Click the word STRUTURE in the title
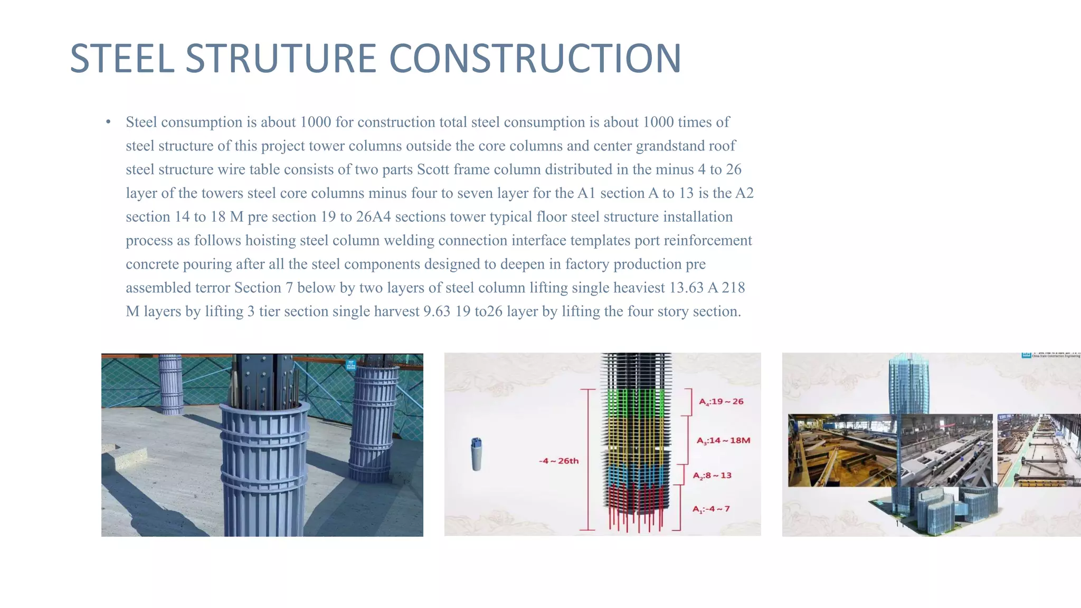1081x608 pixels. coord(281,59)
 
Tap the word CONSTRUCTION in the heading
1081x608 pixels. coord(535,59)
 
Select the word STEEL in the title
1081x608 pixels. coord(122,59)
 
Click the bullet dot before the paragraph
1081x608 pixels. coord(108,122)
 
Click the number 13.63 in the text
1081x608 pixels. coord(686,288)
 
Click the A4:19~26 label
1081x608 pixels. coord(721,402)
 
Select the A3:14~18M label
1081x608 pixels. coord(723,441)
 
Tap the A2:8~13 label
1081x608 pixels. coord(712,476)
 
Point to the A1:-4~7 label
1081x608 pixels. coord(711,509)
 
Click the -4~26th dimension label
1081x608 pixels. coord(558,461)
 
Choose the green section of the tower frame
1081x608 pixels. coord(636,403)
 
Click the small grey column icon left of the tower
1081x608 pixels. coord(476,453)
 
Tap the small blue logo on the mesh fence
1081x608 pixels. coord(351,365)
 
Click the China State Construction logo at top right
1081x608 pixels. coord(1050,355)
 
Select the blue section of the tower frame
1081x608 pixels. coord(636,473)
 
